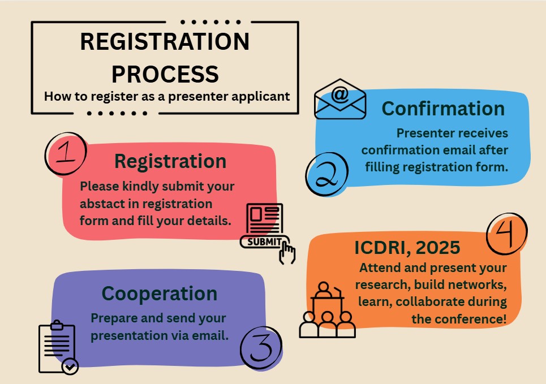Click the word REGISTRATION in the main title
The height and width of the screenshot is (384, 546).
(165, 43)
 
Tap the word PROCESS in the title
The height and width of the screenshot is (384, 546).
(165, 74)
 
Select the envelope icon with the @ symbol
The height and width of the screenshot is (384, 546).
(340, 100)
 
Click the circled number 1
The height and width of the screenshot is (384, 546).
(65, 153)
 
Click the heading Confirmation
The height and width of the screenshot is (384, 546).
(443, 108)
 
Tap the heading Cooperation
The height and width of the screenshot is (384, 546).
(160, 294)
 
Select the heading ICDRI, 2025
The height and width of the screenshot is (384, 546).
(407, 248)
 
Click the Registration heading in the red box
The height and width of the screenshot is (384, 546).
(170, 161)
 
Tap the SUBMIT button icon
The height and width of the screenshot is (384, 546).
(261, 242)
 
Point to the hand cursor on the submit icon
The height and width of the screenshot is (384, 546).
(287, 252)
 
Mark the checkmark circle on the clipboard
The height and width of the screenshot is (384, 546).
(70, 367)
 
